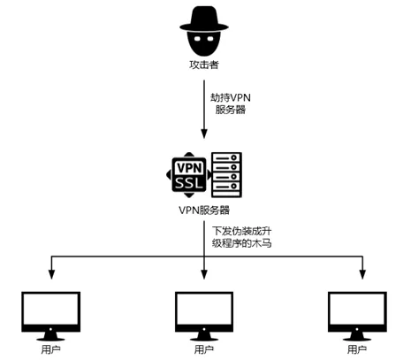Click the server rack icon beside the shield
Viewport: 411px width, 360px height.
(225, 174)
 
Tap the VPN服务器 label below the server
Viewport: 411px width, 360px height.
(203, 211)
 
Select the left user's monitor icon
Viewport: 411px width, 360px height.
(51, 310)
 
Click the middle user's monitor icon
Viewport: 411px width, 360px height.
(205, 310)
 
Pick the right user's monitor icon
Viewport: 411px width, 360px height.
(359, 310)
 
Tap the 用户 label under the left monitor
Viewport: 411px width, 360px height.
(51, 349)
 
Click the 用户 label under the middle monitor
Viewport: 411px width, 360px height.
(205, 349)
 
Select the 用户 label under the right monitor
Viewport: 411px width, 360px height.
(359, 349)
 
